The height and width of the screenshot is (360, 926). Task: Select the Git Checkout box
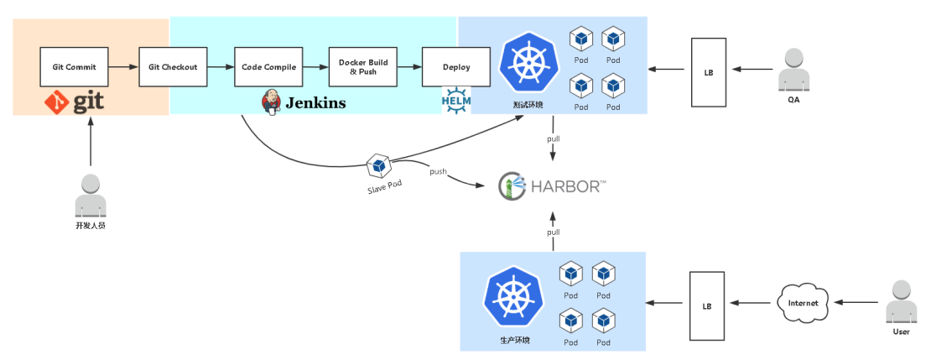coord(173,67)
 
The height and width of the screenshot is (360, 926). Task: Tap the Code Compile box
coord(268,67)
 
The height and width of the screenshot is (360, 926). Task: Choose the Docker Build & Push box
coord(363,67)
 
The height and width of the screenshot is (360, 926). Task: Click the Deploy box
coord(456,67)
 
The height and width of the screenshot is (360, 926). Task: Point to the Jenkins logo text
coord(315,103)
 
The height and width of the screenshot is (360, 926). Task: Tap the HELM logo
coord(457,100)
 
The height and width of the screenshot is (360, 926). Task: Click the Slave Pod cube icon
coord(378,165)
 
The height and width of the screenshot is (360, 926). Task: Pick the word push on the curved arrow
coord(438,172)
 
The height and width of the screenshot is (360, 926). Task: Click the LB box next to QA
coord(708,72)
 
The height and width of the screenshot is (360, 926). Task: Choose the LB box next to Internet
coord(706,305)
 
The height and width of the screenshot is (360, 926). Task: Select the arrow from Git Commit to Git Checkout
coord(124,67)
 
